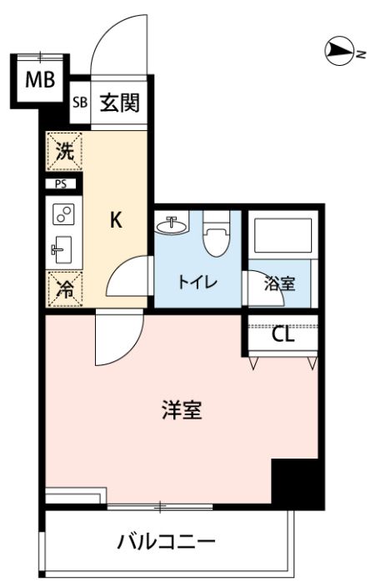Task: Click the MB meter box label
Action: click(x=40, y=80)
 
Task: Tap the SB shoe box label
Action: click(x=80, y=102)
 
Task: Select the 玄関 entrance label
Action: click(x=120, y=103)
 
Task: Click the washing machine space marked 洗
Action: click(x=64, y=151)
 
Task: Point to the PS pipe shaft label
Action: click(x=60, y=184)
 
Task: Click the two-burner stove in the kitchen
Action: click(x=63, y=214)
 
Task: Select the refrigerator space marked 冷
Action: click(x=64, y=289)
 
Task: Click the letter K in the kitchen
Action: click(x=116, y=220)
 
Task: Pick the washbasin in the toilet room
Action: click(x=171, y=225)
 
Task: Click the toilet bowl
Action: click(x=216, y=235)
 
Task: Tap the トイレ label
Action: click(x=198, y=282)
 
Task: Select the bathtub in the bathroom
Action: click(x=283, y=236)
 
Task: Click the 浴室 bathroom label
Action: click(x=279, y=283)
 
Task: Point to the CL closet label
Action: click(x=283, y=335)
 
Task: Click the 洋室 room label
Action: click(x=182, y=409)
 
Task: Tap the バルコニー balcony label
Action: click(x=167, y=541)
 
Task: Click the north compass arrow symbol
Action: click(x=340, y=51)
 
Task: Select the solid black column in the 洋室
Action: click(x=296, y=483)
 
